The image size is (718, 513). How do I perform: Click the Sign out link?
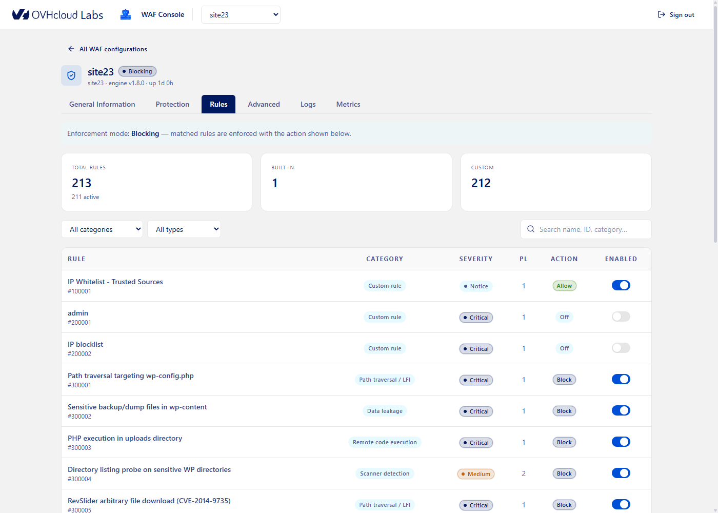pyautogui.click(x=676, y=15)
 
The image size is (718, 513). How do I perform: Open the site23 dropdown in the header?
pyautogui.click(x=241, y=15)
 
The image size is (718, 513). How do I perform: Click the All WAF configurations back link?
pyautogui.click(x=107, y=49)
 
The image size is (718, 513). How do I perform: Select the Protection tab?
pyautogui.click(x=172, y=104)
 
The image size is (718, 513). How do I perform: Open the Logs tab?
pyautogui.click(x=308, y=104)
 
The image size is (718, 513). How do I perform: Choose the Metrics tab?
pyautogui.click(x=348, y=104)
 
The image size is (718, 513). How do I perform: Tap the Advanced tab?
pyautogui.click(x=264, y=104)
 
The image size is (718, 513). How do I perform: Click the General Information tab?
pyautogui.click(x=102, y=104)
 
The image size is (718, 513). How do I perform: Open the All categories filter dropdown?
pyautogui.click(x=102, y=229)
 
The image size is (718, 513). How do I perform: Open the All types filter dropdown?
pyautogui.click(x=184, y=229)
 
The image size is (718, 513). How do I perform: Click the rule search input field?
pyautogui.click(x=586, y=229)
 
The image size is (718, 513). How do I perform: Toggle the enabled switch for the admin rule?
pyautogui.click(x=621, y=317)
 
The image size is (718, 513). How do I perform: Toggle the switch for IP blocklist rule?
pyautogui.click(x=621, y=348)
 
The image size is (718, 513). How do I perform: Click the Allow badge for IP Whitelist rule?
pyautogui.click(x=564, y=286)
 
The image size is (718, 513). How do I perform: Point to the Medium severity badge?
pyautogui.click(x=476, y=474)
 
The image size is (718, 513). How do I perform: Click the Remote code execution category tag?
pyautogui.click(x=385, y=442)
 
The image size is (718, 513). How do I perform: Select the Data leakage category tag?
pyautogui.click(x=385, y=411)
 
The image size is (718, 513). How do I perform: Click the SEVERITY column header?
pyautogui.click(x=476, y=259)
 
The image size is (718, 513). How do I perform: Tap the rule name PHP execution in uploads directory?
pyautogui.click(x=125, y=438)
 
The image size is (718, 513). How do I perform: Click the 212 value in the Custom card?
pyautogui.click(x=481, y=183)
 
